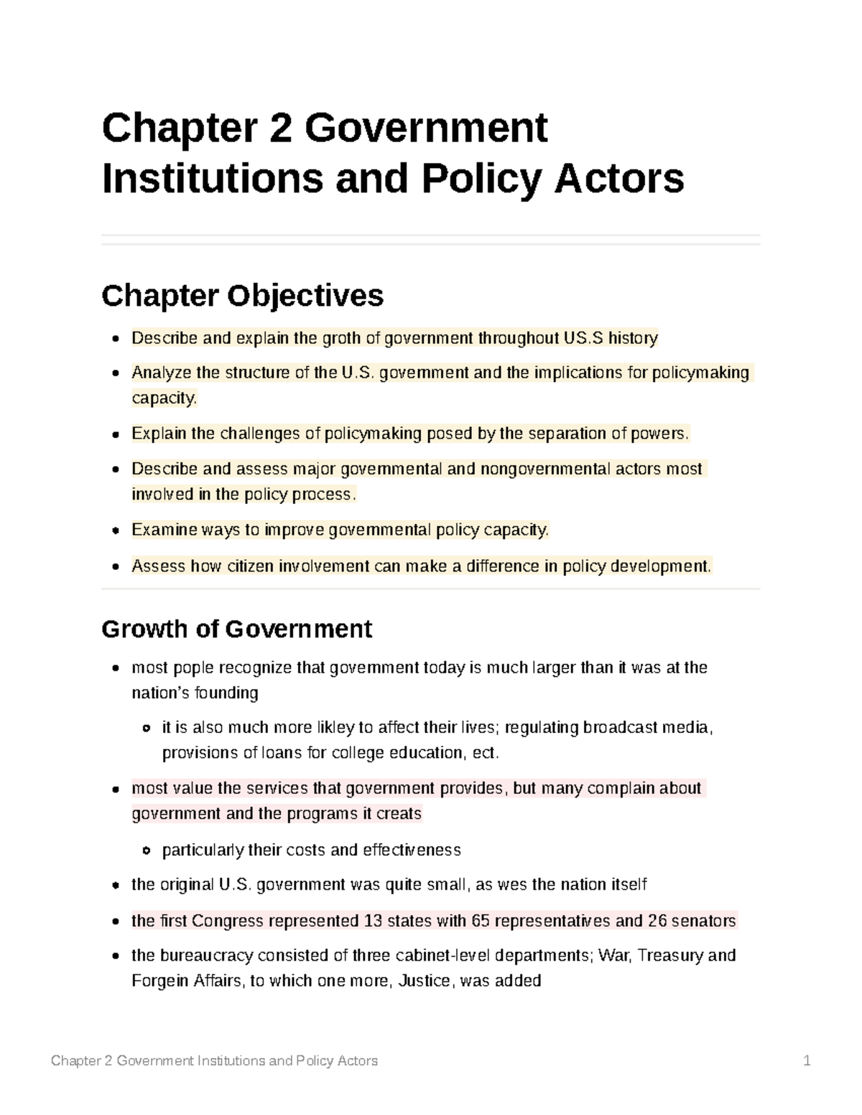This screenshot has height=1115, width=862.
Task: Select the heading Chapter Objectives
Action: (242, 295)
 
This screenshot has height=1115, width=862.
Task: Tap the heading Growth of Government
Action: (236, 629)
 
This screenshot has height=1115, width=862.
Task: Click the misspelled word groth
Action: (340, 338)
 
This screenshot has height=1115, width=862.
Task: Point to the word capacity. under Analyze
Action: (164, 398)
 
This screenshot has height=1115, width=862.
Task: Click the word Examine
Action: (163, 530)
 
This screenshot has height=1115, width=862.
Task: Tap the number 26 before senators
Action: (657, 920)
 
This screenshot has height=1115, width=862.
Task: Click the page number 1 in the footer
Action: (807, 1060)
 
